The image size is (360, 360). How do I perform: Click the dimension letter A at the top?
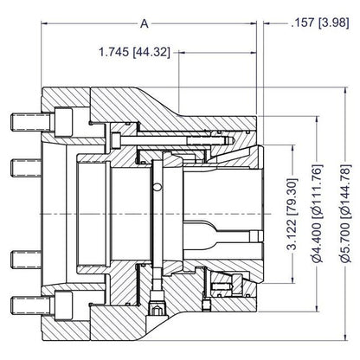coord(145,23)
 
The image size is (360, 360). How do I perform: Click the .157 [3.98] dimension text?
coord(320,22)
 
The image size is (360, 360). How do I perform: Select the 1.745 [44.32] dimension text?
coord(134,52)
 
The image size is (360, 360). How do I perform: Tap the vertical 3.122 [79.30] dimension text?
coord(292,214)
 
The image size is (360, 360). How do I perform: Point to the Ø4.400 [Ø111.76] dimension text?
coord(318,214)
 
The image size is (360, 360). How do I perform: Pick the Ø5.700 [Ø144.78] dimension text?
coord(345,214)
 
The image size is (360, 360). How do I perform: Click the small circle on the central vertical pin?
coord(157,187)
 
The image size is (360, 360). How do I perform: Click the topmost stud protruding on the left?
coord(32,121)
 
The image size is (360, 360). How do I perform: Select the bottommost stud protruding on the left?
coord(32,306)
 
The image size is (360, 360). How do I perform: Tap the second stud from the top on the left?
coord(26,168)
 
